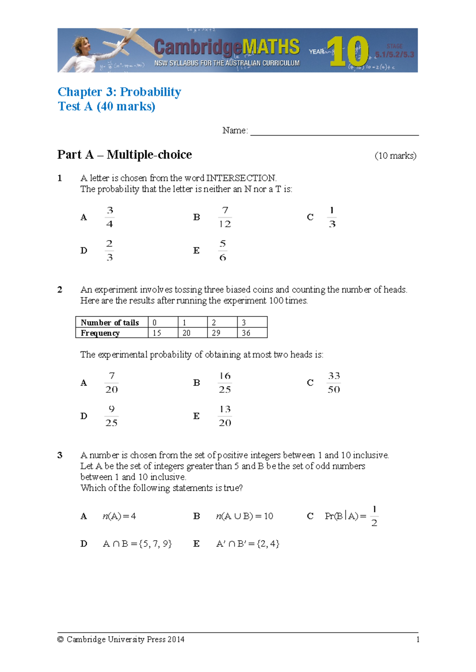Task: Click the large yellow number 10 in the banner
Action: (x=348, y=51)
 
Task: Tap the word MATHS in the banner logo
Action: (x=271, y=47)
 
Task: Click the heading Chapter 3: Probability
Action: (x=119, y=92)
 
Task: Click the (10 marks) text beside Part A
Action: (x=395, y=156)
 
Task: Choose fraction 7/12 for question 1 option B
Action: (x=225, y=217)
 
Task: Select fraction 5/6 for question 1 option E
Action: (x=223, y=250)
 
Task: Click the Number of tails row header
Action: (x=110, y=323)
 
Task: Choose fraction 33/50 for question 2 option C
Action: (x=334, y=383)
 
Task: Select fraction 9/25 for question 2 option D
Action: (x=111, y=416)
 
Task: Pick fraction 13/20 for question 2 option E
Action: (x=225, y=416)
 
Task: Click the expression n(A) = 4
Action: (x=119, y=516)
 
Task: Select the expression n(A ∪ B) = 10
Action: (x=244, y=516)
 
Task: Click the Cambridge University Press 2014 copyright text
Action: (x=121, y=640)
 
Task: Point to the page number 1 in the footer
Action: (x=418, y=640)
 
